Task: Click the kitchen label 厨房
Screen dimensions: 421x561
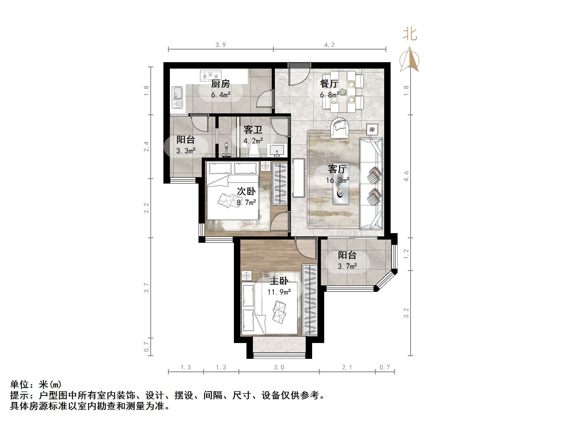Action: [x=220, y=84]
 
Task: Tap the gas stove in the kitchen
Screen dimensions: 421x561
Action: [x=211, y=75]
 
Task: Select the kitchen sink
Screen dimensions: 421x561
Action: [x=177, y=97]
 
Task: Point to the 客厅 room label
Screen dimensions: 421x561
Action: [x=337, y=169]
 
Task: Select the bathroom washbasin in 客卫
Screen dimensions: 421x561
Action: [x=277, y=150]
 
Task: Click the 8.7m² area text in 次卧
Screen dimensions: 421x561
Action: [x=246, y=202]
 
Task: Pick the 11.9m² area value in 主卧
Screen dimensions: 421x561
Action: [x=279, y=292]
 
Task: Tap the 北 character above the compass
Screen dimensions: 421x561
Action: [x=410, y=35]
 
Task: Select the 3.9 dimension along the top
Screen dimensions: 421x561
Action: [x=220, y=45]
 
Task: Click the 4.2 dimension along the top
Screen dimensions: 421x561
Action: [x=329, y=45]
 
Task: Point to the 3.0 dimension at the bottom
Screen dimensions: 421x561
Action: [x=279, y=367]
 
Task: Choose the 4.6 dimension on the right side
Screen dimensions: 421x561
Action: [x=406, y=176]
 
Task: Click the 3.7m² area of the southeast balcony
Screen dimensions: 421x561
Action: [x=347, y=266]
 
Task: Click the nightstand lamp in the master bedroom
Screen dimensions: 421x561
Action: [x=246, y=275]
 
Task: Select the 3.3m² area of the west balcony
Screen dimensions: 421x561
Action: [x=186, y=151]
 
